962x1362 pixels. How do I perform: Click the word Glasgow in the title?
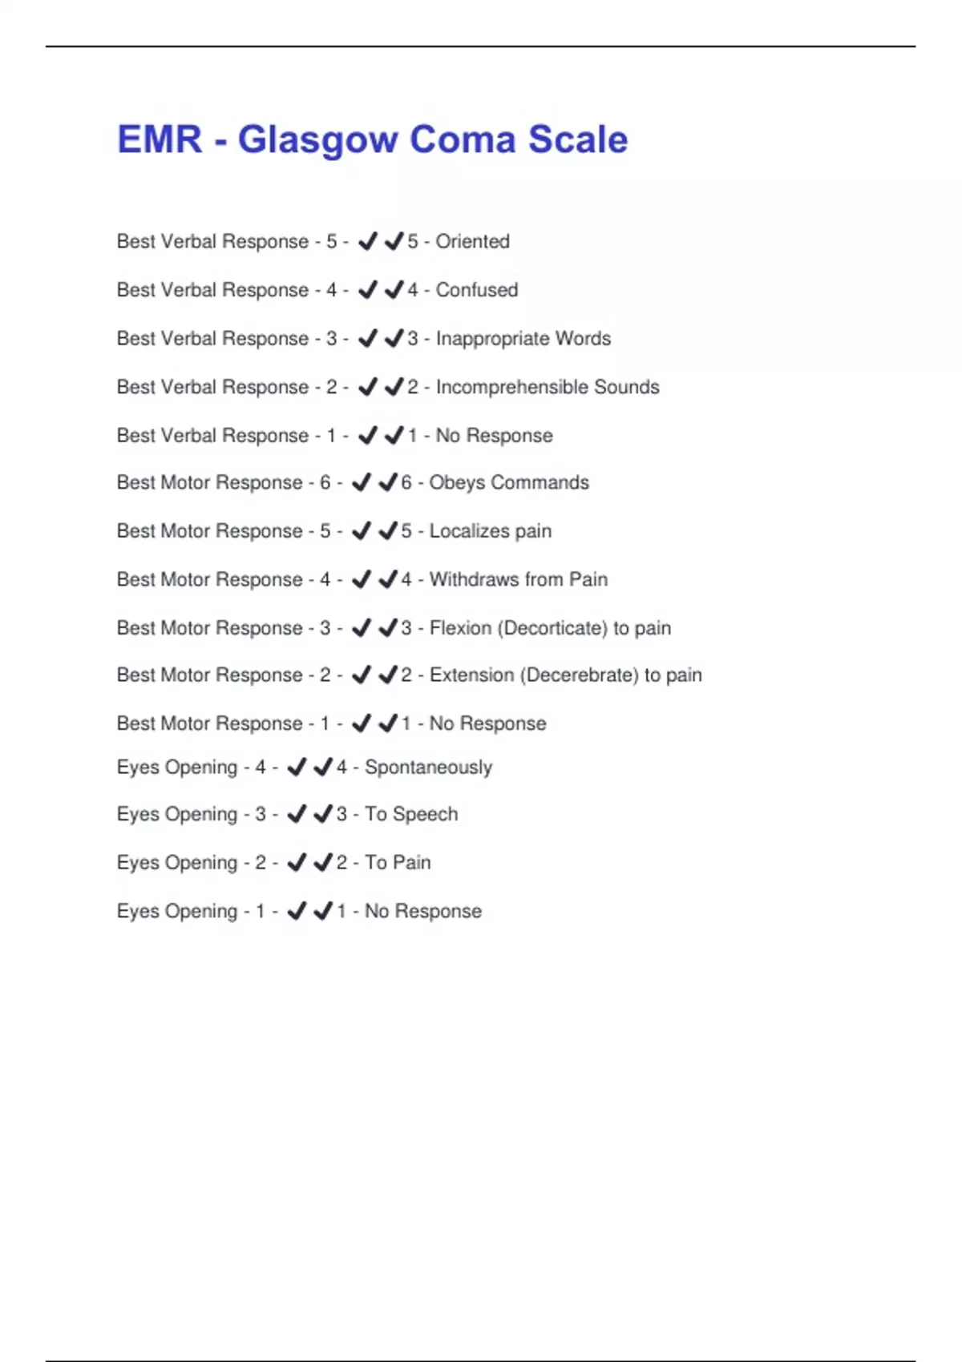point(317,140)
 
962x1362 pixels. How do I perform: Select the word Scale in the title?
point(577,140)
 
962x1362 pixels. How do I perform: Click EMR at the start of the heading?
point(160,140)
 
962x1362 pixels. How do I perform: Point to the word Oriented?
point(472,241)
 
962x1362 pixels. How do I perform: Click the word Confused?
point(476,290)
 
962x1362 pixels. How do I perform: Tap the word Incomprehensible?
point(511,387)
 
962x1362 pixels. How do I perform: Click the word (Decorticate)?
point(552,628)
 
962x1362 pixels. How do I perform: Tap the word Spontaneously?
point(428,768)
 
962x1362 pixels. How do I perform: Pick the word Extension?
point(471,675)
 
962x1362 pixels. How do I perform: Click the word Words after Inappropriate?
point(583,339)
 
